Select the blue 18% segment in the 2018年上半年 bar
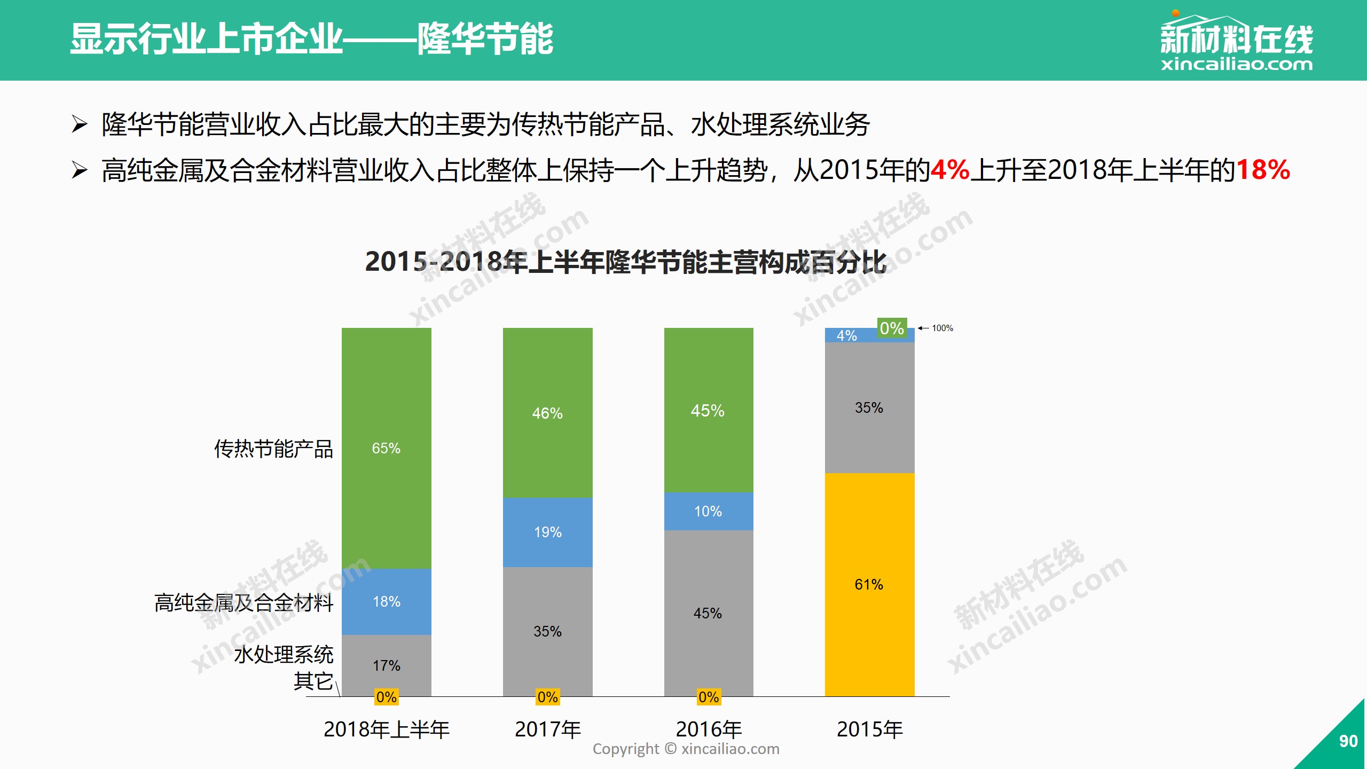(386, 601)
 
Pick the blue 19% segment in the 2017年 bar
(547, 532)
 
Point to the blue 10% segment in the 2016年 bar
(708, 511)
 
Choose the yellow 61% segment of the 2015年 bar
(869, 584)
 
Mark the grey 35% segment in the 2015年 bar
(869, 407)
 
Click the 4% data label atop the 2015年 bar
(847, 335)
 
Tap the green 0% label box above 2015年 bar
(892, 328)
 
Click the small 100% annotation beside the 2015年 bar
(942, 328)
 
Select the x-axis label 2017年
(548, 729)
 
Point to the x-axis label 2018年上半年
(387, 729)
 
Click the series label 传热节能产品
(273, 449)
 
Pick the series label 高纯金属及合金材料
(243, 602)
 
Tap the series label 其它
(313, 681)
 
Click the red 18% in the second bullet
(1263, 170)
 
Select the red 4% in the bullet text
(950, 170)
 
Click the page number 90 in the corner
(1348, 741)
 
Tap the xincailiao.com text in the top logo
(1236, 65)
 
